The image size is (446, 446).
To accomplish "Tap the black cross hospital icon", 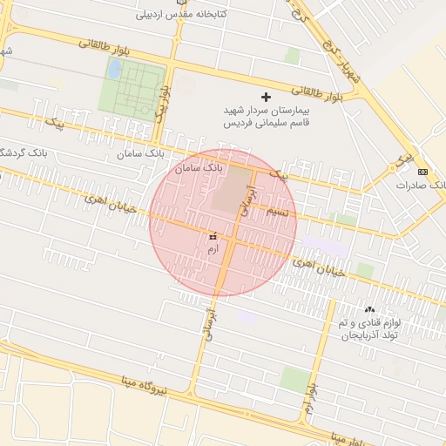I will click(x=266, y=96).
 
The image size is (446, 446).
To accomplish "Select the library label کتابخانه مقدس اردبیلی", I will click(x=181, y=15).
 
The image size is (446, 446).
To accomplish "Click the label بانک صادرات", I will click(x=420, y=186).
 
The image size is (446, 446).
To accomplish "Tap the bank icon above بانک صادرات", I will click(x=422, y=171).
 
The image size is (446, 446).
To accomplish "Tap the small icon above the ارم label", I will click(x=213, y=235).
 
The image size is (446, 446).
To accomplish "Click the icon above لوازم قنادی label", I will click(x=369, y=309).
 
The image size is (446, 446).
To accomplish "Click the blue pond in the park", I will click(x=114, y=68).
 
